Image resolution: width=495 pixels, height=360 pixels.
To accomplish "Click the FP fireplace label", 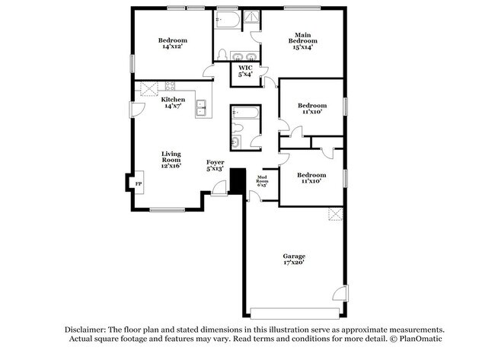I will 139,184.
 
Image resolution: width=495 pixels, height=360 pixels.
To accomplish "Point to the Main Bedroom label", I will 303,40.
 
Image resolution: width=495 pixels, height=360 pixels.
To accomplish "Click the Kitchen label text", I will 172,102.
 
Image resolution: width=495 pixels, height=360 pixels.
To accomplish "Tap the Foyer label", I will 215,165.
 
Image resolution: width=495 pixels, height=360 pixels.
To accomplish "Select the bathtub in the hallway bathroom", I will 246,117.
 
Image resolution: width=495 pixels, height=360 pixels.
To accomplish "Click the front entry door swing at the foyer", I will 219,190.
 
